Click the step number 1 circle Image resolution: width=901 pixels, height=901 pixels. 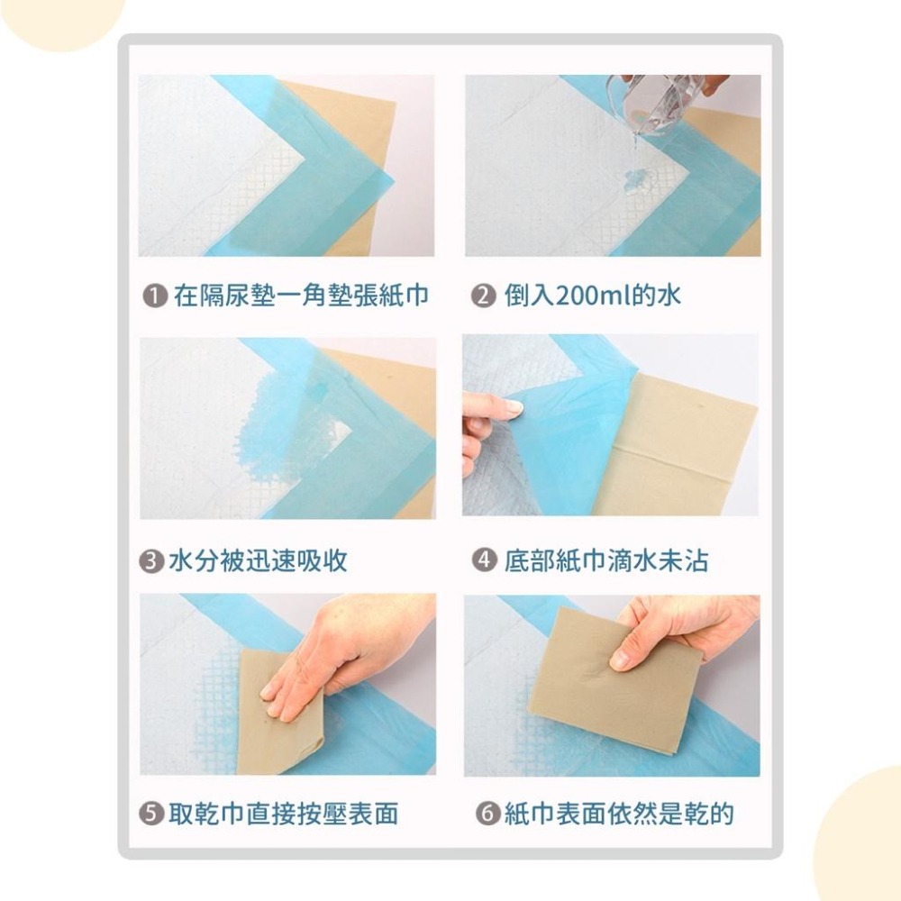point(157,296)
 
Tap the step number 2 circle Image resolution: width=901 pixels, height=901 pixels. point(485,296)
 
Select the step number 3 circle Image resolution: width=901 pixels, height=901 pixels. point(153,561)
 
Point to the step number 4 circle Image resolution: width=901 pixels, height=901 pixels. point(485,560)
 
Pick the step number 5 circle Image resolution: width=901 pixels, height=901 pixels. point(153,815)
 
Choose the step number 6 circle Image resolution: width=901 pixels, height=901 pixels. point(487,815)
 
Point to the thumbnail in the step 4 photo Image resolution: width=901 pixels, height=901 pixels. point(514,406)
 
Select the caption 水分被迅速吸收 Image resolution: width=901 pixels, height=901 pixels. point(258,561)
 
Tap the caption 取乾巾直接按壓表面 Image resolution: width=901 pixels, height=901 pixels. point(283,815)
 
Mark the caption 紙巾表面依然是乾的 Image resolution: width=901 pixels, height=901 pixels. point(618,815)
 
